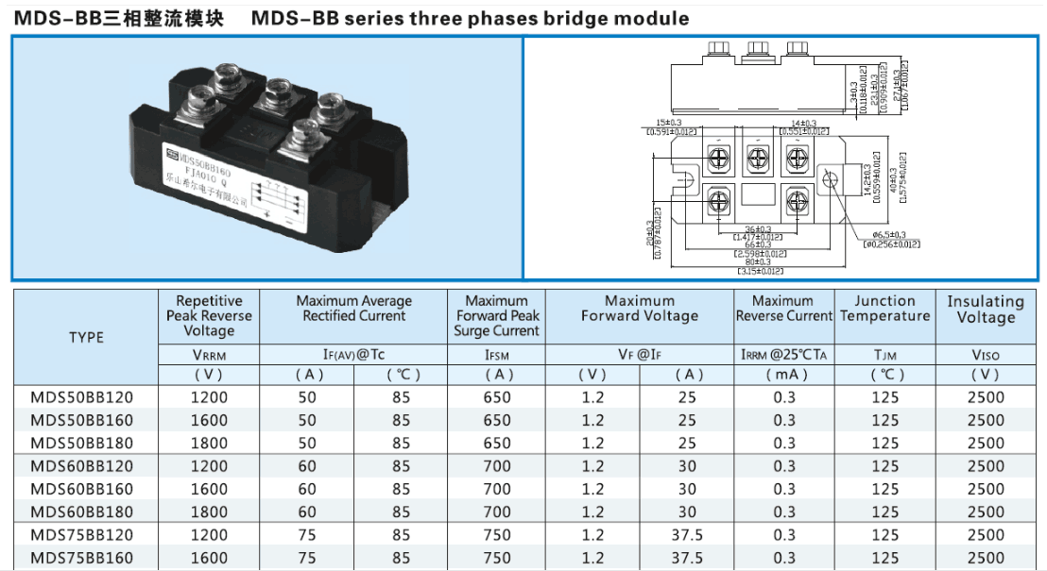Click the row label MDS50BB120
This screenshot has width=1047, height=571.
[81, 397]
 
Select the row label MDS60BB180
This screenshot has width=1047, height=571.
[81, 512]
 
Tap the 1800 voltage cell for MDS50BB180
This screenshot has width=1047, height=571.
[209, 443]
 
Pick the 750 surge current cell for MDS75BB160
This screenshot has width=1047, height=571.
[497, 558]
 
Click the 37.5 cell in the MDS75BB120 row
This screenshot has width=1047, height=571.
[687, 534]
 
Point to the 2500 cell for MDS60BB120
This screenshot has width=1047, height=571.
[986, 465]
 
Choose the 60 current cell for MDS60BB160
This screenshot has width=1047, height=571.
[307, 489]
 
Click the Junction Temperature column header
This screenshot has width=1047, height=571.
[884, 309]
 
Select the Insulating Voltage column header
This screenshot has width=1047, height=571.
[986, 309]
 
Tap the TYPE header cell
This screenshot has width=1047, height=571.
[86, 337]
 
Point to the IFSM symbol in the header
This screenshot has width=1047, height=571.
[497, 356]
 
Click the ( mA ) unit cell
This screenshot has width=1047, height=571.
[784, 375]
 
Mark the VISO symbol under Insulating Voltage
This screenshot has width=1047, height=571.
[986, 356]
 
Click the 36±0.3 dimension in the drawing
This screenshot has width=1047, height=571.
[758, 228]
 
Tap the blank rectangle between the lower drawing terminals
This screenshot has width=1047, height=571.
[758, 195]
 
